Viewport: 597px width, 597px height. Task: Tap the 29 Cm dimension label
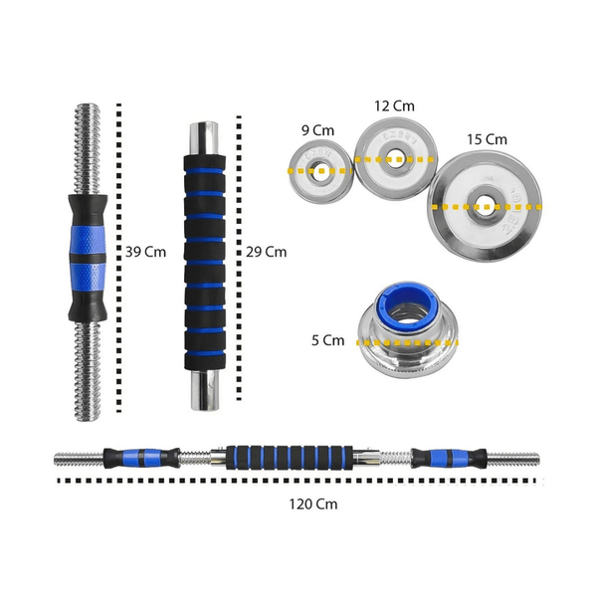[x=266, y=252]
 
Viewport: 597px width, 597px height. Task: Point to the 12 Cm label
[x=395, y=106]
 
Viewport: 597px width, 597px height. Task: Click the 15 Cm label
[x=487, y=139]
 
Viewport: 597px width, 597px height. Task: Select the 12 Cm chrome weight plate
[x=394, y=156]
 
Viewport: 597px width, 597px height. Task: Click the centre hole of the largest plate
[x=485, y=207]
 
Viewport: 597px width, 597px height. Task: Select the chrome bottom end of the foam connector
[x=205, y=389]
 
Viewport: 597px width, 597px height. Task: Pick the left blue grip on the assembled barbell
[x=145, y=459]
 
